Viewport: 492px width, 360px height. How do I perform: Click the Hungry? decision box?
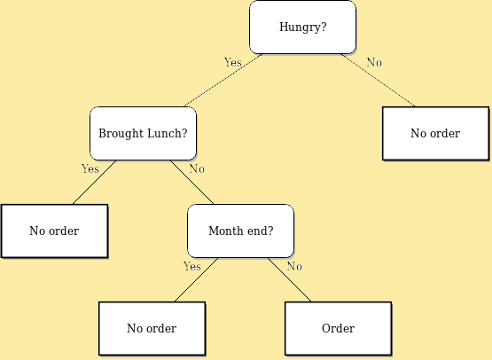[x=303, y=27]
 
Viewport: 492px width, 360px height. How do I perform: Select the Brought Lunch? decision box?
[x=143, y=133]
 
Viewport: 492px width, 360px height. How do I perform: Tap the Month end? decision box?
[x=240, y=231]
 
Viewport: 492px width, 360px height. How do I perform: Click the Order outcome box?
[x=339, y=328]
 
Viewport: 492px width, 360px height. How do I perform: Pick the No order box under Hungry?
[x=436, y=133]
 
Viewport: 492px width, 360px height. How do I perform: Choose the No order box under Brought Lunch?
[x=55, y=231]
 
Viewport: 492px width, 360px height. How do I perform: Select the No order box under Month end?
[x=152, y=328]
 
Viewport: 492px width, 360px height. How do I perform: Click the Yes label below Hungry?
[x=233, y=62]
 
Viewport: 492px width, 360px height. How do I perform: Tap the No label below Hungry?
[x=374, y=62]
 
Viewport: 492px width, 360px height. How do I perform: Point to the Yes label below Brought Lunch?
[x=90, y=168]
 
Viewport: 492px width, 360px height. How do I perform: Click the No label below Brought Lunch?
[x=197, y=168]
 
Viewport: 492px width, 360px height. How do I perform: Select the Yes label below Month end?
[x=192, y=266]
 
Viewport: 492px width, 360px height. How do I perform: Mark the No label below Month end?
[x=294, y=266]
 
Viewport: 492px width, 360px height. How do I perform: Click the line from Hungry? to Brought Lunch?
[x=223, y=81]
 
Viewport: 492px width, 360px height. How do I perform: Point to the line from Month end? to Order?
[x=289, y=280]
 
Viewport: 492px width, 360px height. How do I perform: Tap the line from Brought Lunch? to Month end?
[x=192, y=183]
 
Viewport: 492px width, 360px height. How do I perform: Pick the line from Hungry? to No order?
[x=379, y=81]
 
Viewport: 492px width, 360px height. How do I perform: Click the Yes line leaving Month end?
[x=196, y=280]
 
